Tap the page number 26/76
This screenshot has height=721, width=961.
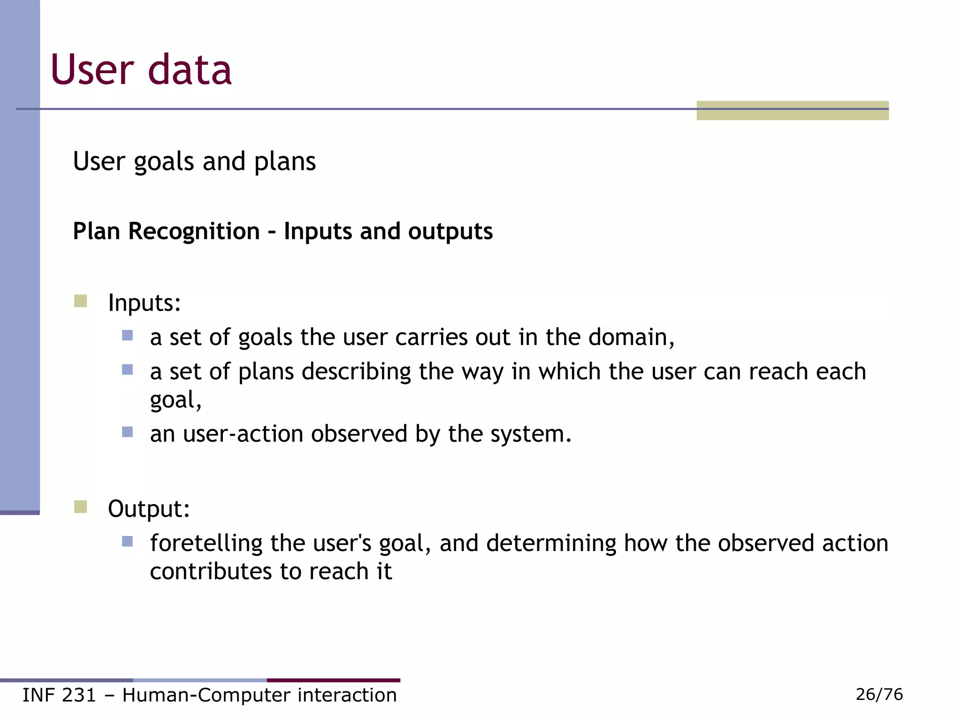point(879,694)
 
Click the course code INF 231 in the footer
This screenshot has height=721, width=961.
point(59,695)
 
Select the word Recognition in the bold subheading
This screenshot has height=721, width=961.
point(194,231)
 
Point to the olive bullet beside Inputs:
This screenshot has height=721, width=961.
point(81,301)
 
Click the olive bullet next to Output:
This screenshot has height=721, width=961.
point(81,507)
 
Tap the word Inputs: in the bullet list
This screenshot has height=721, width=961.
point(144,303)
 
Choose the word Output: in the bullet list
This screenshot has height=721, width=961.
point(149,509)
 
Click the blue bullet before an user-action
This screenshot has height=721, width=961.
point(127,432)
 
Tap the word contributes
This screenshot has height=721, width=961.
point(211,572)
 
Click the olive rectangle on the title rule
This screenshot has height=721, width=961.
point(792,111)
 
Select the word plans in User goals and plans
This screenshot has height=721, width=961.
point(285,162)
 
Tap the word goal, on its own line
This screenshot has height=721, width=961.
point(175,400)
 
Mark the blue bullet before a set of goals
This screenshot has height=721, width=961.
point(127,335)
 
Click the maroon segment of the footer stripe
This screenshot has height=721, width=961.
point(333,680)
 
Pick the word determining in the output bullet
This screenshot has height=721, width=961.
point(551,543)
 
